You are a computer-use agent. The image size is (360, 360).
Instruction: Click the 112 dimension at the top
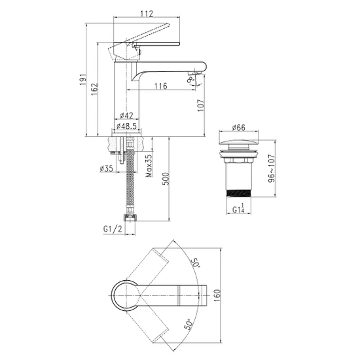coord(147,14)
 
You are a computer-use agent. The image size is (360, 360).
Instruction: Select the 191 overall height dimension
coord(83,80)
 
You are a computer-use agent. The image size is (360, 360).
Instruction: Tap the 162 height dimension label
coord(95,89)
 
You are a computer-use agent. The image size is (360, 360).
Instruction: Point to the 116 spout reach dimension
coord(160,86)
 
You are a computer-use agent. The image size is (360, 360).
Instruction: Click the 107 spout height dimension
coord(201,105)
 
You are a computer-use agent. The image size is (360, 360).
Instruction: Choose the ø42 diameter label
coord(126,115)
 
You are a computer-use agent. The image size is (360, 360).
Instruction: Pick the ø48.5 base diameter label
coord(126,126)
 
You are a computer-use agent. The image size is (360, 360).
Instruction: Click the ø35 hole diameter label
coord(107,168)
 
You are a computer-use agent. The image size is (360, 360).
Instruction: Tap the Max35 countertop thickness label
coord(149,166)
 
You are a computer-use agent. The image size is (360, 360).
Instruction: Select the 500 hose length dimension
coord(166,179)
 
